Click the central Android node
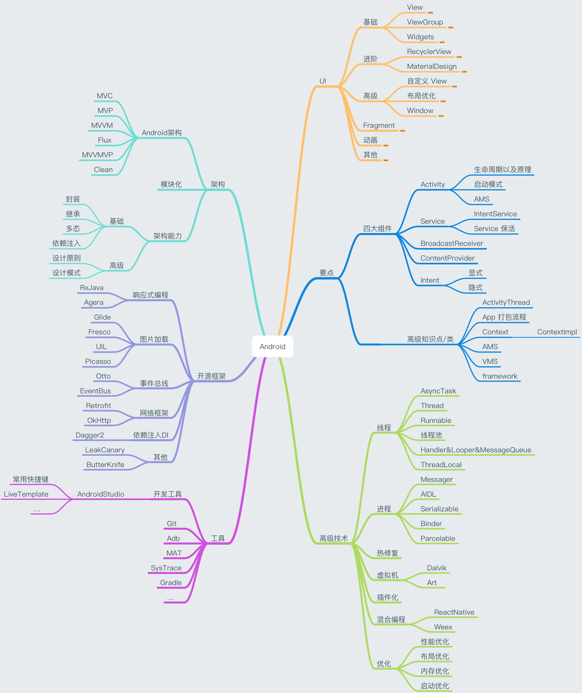click(x=272, y=346)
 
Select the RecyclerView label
click(x=429, y=51)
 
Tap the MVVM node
click(x=102, y=125)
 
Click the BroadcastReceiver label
click(x=452, y=243)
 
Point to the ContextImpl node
click(x=557, y=332)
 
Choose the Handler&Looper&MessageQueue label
click(x=476, y=450)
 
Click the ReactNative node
click(x=454, y=612)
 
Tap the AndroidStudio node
click(x=101, y=494)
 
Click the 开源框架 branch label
click(x=212, y=376)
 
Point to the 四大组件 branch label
click(x=377, y=228)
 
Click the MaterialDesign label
click(x=432, y=66)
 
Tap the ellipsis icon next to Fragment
click(x=403, y=131)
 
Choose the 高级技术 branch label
click(x=334, y=538)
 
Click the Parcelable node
click(x=438, y=538)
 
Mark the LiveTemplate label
click(x=26, y=494)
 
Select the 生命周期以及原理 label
click(x=503, y=170)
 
